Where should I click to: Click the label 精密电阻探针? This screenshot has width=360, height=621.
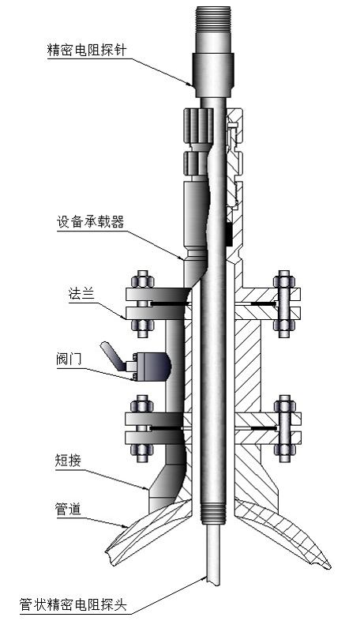pos(87,51)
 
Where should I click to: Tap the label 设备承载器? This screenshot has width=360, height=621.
pos(91,222)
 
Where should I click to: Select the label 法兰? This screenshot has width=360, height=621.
pos(81,294)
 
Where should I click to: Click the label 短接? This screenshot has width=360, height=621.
pos(68,461)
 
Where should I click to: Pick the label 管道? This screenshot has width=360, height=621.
pos(68,509)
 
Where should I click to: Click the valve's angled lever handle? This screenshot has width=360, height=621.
pos(111,356)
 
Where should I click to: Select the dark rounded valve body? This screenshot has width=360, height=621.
pos(154,366)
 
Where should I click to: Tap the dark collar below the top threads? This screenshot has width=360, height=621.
pos(213,75)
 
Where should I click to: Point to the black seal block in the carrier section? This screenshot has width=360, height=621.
pos(229,234)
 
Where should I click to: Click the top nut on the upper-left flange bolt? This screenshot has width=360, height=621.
pos(142,280)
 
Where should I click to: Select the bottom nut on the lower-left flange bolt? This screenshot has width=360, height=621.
pos(142,453)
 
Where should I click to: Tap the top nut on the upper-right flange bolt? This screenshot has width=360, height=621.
pos(284,280)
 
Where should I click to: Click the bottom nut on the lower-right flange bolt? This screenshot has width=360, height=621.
pos(285,453)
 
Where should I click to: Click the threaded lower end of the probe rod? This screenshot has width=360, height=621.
pos(213,514)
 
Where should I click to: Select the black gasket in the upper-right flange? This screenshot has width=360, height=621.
pos(263,303)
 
